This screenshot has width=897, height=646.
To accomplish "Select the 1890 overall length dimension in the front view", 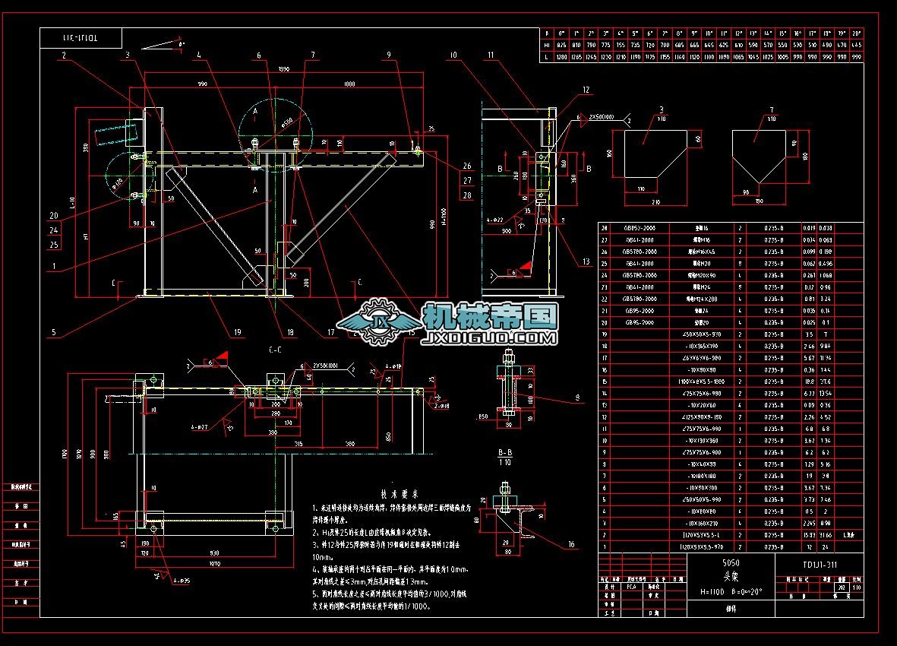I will pos(284,68).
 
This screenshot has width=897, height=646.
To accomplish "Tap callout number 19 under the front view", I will pos(238,332).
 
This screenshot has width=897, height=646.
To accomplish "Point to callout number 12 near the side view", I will pos(586,90).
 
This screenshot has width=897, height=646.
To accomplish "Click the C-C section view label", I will pos(275,350).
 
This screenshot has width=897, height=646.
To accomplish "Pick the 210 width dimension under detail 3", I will pos(655,202).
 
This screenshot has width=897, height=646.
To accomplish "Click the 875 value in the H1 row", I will pos(561,45).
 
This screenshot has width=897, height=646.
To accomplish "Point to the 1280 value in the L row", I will pos(561,57).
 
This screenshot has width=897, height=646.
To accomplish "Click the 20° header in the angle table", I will pos(856,33).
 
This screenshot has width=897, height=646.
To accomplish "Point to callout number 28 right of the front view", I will pos(466,195).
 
